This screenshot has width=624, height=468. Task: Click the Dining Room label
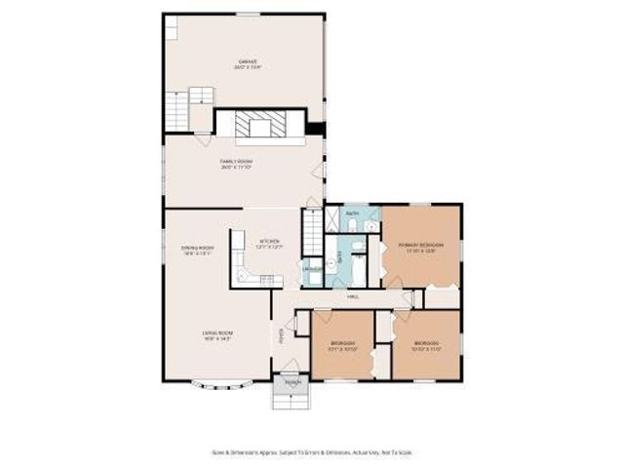197,250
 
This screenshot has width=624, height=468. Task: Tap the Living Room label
216,335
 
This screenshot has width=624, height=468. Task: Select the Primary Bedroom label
421,247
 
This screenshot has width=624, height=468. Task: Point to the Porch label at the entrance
292,383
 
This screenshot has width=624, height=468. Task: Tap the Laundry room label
312,269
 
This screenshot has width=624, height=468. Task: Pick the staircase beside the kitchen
312,232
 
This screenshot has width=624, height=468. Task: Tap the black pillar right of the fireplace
315,128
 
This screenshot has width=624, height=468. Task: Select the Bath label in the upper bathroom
352,212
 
